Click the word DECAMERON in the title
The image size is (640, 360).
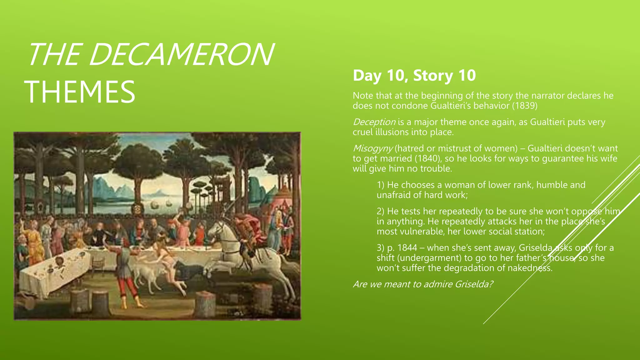[181, 55]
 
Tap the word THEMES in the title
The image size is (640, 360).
[80, 92]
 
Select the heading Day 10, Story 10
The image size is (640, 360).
[414, 75]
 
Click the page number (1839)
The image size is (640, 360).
[525, 106]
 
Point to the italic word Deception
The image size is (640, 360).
[374, 122]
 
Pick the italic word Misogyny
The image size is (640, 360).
[373, 148]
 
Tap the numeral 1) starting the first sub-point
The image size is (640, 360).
[380, 185]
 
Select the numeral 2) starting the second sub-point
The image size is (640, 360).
[380, 211]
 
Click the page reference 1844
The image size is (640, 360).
[407, 248]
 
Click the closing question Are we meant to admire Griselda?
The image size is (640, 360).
[423, 284]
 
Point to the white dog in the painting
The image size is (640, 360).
[147, 275]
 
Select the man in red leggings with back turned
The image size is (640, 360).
[125, 272]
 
